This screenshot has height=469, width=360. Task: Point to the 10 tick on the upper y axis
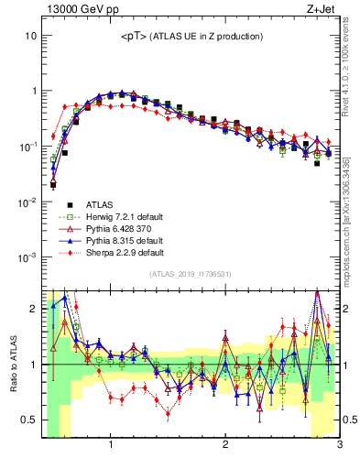29,36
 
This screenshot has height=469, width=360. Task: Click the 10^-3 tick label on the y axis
26,257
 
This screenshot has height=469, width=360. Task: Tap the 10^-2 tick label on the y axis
26,202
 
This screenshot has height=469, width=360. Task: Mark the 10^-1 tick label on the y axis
26,147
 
